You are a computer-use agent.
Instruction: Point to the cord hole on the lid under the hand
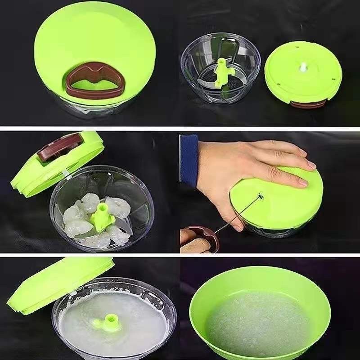tap(260, 195)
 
